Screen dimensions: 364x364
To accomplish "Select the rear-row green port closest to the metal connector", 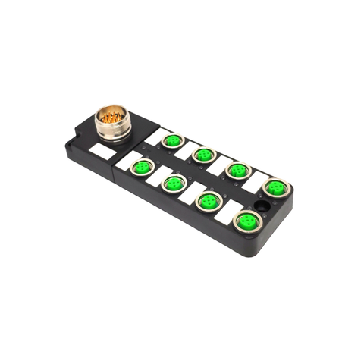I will pos(174,140).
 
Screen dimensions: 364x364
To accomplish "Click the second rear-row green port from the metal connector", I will pos(203,155).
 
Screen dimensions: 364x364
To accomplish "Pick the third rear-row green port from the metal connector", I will pos(238,170).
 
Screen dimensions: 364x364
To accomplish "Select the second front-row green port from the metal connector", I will pos(173,183).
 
